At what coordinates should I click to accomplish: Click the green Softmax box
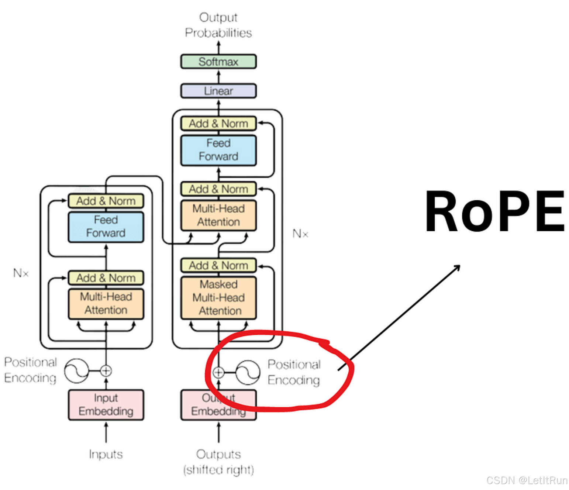coord(218,62)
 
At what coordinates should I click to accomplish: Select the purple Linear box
coord(218,91)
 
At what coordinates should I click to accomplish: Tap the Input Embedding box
coord(106,405)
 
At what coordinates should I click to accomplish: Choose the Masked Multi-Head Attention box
coord(218,298)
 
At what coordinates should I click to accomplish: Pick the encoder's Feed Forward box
coord(106,227)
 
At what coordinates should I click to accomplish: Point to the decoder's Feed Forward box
coord(218,150)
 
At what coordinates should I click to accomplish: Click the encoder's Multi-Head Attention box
coord(106,304)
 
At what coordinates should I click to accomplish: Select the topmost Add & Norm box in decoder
coord(218,124)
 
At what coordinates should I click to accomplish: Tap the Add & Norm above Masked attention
coord(218,265)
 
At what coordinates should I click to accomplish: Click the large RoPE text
coord(494,211)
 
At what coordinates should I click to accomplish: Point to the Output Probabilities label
coord(218,25)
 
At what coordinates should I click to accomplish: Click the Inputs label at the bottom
coord(106,454)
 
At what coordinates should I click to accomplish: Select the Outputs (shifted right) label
coord(218,462)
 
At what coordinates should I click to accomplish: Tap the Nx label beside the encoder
coord(21,273)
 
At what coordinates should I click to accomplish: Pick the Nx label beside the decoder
coord(300,234)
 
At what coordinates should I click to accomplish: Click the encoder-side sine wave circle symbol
coord(76,371)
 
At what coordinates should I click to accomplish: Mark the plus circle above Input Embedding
coord(106,371)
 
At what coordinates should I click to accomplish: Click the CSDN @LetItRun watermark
coord(527,480)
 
